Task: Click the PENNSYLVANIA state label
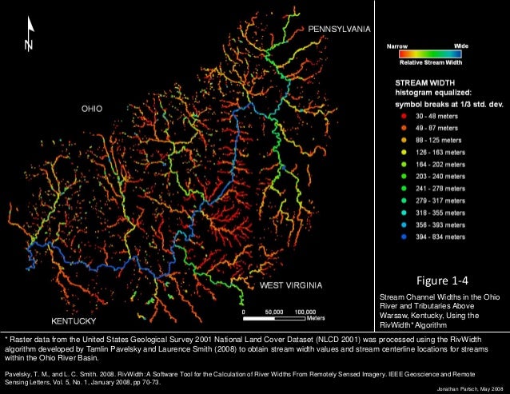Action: pos(339,29)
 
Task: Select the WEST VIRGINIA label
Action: pos(291,285)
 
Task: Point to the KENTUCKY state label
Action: pos(76,320)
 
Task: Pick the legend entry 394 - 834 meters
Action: pos(438,237)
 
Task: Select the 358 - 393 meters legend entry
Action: pos(438,225)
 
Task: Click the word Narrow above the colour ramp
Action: pos(397,47)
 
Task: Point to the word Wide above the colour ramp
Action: pos(461,47)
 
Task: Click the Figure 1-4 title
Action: pos(441,281)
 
